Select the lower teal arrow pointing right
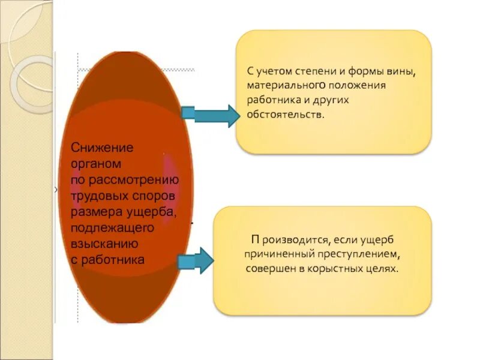click(x=196, y=260)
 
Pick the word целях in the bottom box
click(x=382, y=269)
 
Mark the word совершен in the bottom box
click(x=270, y=269)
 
